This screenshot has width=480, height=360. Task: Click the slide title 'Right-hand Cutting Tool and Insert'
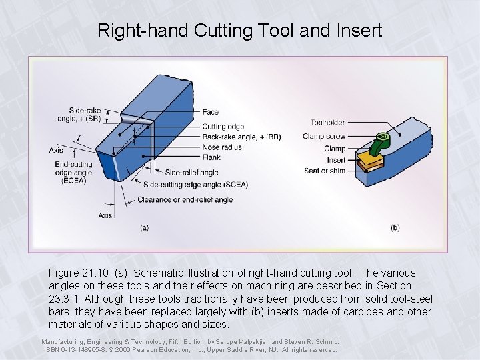tap(240, 30)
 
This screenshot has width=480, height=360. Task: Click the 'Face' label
tap(210, 112)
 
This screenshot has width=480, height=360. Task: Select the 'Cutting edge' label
tap(223, 127)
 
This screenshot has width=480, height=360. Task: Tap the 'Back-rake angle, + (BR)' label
tap(241, 137)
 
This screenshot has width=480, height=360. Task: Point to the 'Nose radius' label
tap(221, 147)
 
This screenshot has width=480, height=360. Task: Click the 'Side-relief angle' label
tap(191, 173)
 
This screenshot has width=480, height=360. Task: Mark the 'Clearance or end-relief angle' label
tap(185, 199)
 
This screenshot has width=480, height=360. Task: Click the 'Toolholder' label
tap(328, 123)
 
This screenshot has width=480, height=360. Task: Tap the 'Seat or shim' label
tap(325, 171)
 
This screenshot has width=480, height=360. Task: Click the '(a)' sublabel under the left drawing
tap(144, 227)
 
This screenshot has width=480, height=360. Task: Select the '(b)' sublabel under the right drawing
tap(395, 227)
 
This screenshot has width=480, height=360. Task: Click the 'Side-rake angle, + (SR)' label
tap(84, 114)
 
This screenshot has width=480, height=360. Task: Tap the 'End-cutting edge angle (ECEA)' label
tap(73, 173)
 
